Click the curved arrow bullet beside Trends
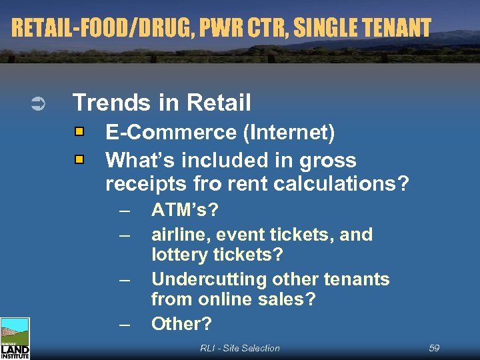click(38, 103)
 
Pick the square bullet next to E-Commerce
click(80, 132)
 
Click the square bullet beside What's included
click(80, 160)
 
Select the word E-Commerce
click(172, 133)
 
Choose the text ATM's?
click(185, 211)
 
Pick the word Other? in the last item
click(181, 324)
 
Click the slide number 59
click(434, 348)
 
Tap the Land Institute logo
click(15, 339)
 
